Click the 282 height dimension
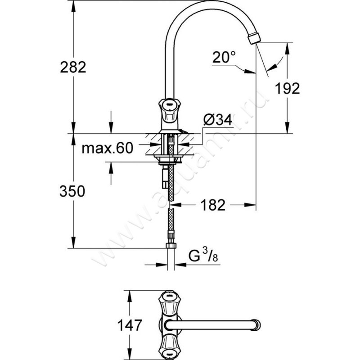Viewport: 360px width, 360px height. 73,67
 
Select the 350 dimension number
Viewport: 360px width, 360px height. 72,191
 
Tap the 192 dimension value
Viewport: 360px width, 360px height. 288,88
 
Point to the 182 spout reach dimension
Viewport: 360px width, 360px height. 213,205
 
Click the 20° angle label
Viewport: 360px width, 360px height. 224,57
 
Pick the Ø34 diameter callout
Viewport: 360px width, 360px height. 218,119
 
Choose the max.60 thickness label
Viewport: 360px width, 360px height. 108,148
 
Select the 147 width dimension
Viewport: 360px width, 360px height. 130,325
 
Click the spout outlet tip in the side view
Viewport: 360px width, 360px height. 254,38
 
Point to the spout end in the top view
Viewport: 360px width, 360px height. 256,325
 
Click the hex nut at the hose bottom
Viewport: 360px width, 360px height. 171,246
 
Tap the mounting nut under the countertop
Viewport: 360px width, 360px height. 169,159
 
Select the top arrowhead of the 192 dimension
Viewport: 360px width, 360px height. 287,49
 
